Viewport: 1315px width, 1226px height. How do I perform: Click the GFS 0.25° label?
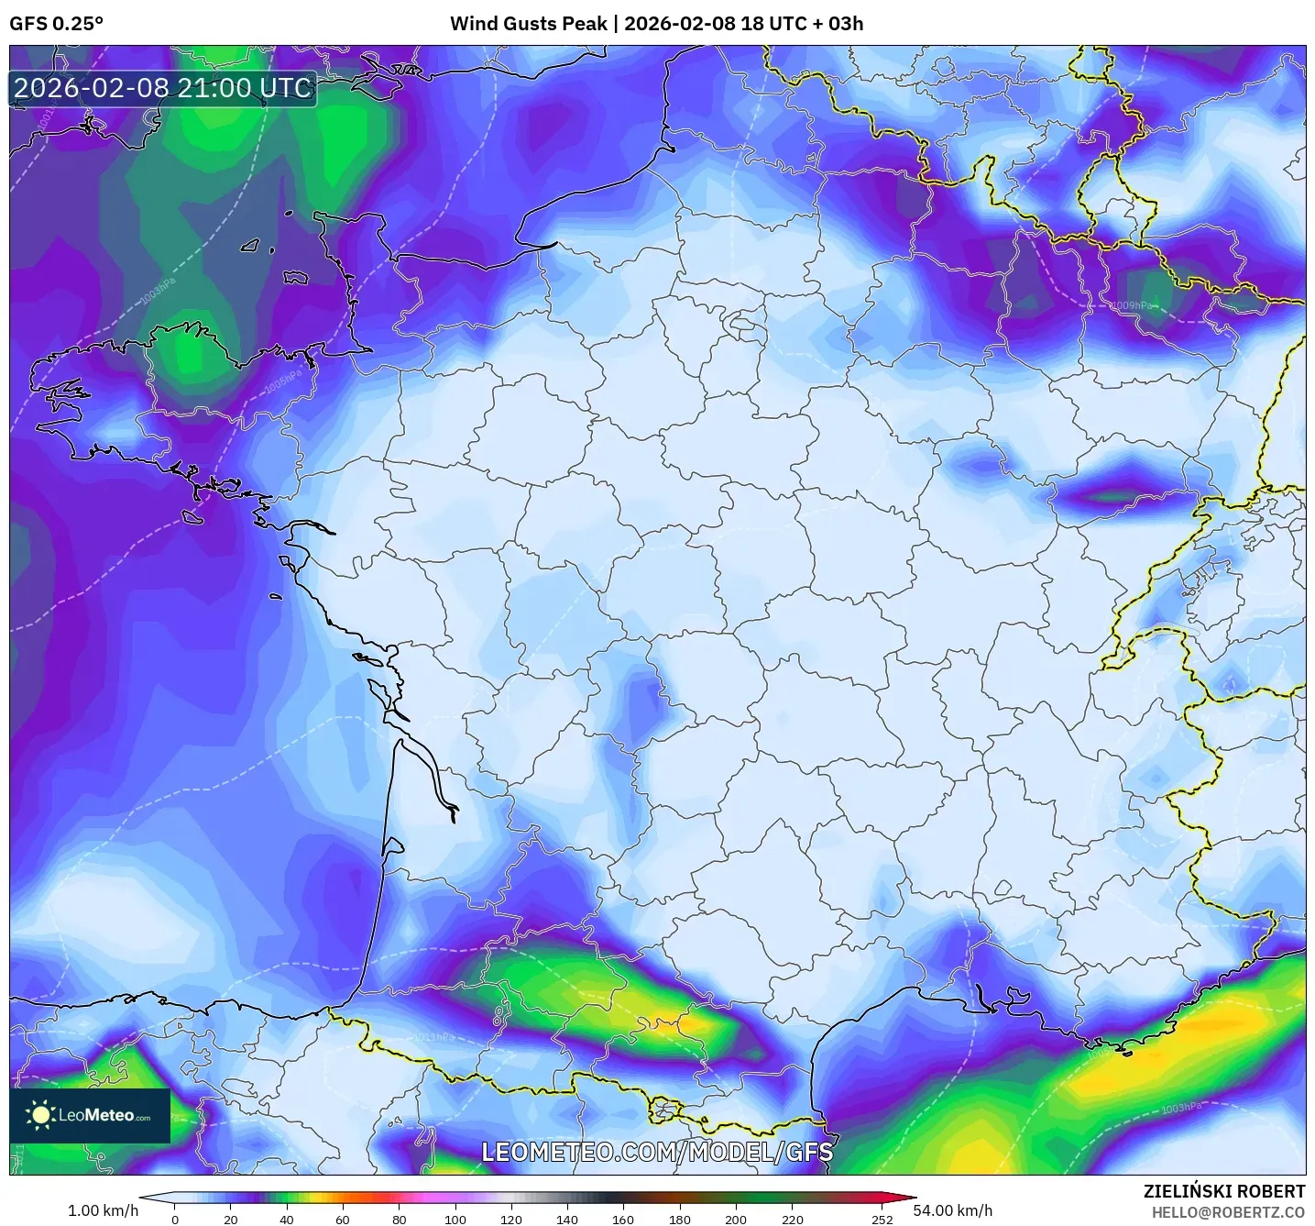click(x=56, y=24)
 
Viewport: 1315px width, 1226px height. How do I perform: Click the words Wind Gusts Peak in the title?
click(x=528, y=24)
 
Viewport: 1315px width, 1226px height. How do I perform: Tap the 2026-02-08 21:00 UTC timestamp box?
click(x=163, y=88)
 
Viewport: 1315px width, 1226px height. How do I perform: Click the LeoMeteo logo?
click(x=90, y=1115)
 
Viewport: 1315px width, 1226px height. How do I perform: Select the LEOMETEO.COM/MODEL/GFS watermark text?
click(x=657, y=1152)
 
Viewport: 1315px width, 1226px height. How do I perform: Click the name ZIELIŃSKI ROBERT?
click(x=1224, y=1191)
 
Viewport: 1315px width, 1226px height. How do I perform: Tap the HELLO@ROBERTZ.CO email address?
click(x=1228, y=1212)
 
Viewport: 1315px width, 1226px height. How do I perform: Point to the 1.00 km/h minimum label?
click(x=103, y=1210)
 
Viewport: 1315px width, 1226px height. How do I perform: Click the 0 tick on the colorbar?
click(x=175, y=1220)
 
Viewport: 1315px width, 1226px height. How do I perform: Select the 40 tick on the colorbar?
click(x=287, y=1220)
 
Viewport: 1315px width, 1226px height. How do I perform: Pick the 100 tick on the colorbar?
click(x=455, y=1220)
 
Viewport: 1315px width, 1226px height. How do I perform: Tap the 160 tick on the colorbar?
click(x=623, y=1220)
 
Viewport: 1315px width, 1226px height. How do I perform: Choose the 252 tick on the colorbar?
click(x=882, y=1220)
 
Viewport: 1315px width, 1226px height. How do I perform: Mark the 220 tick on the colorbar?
click(x=792, y=1220)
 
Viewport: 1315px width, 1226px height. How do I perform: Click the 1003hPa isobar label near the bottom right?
click(x=1180, y=1109)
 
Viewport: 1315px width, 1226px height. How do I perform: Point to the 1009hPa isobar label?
click(x=1133, y=306)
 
